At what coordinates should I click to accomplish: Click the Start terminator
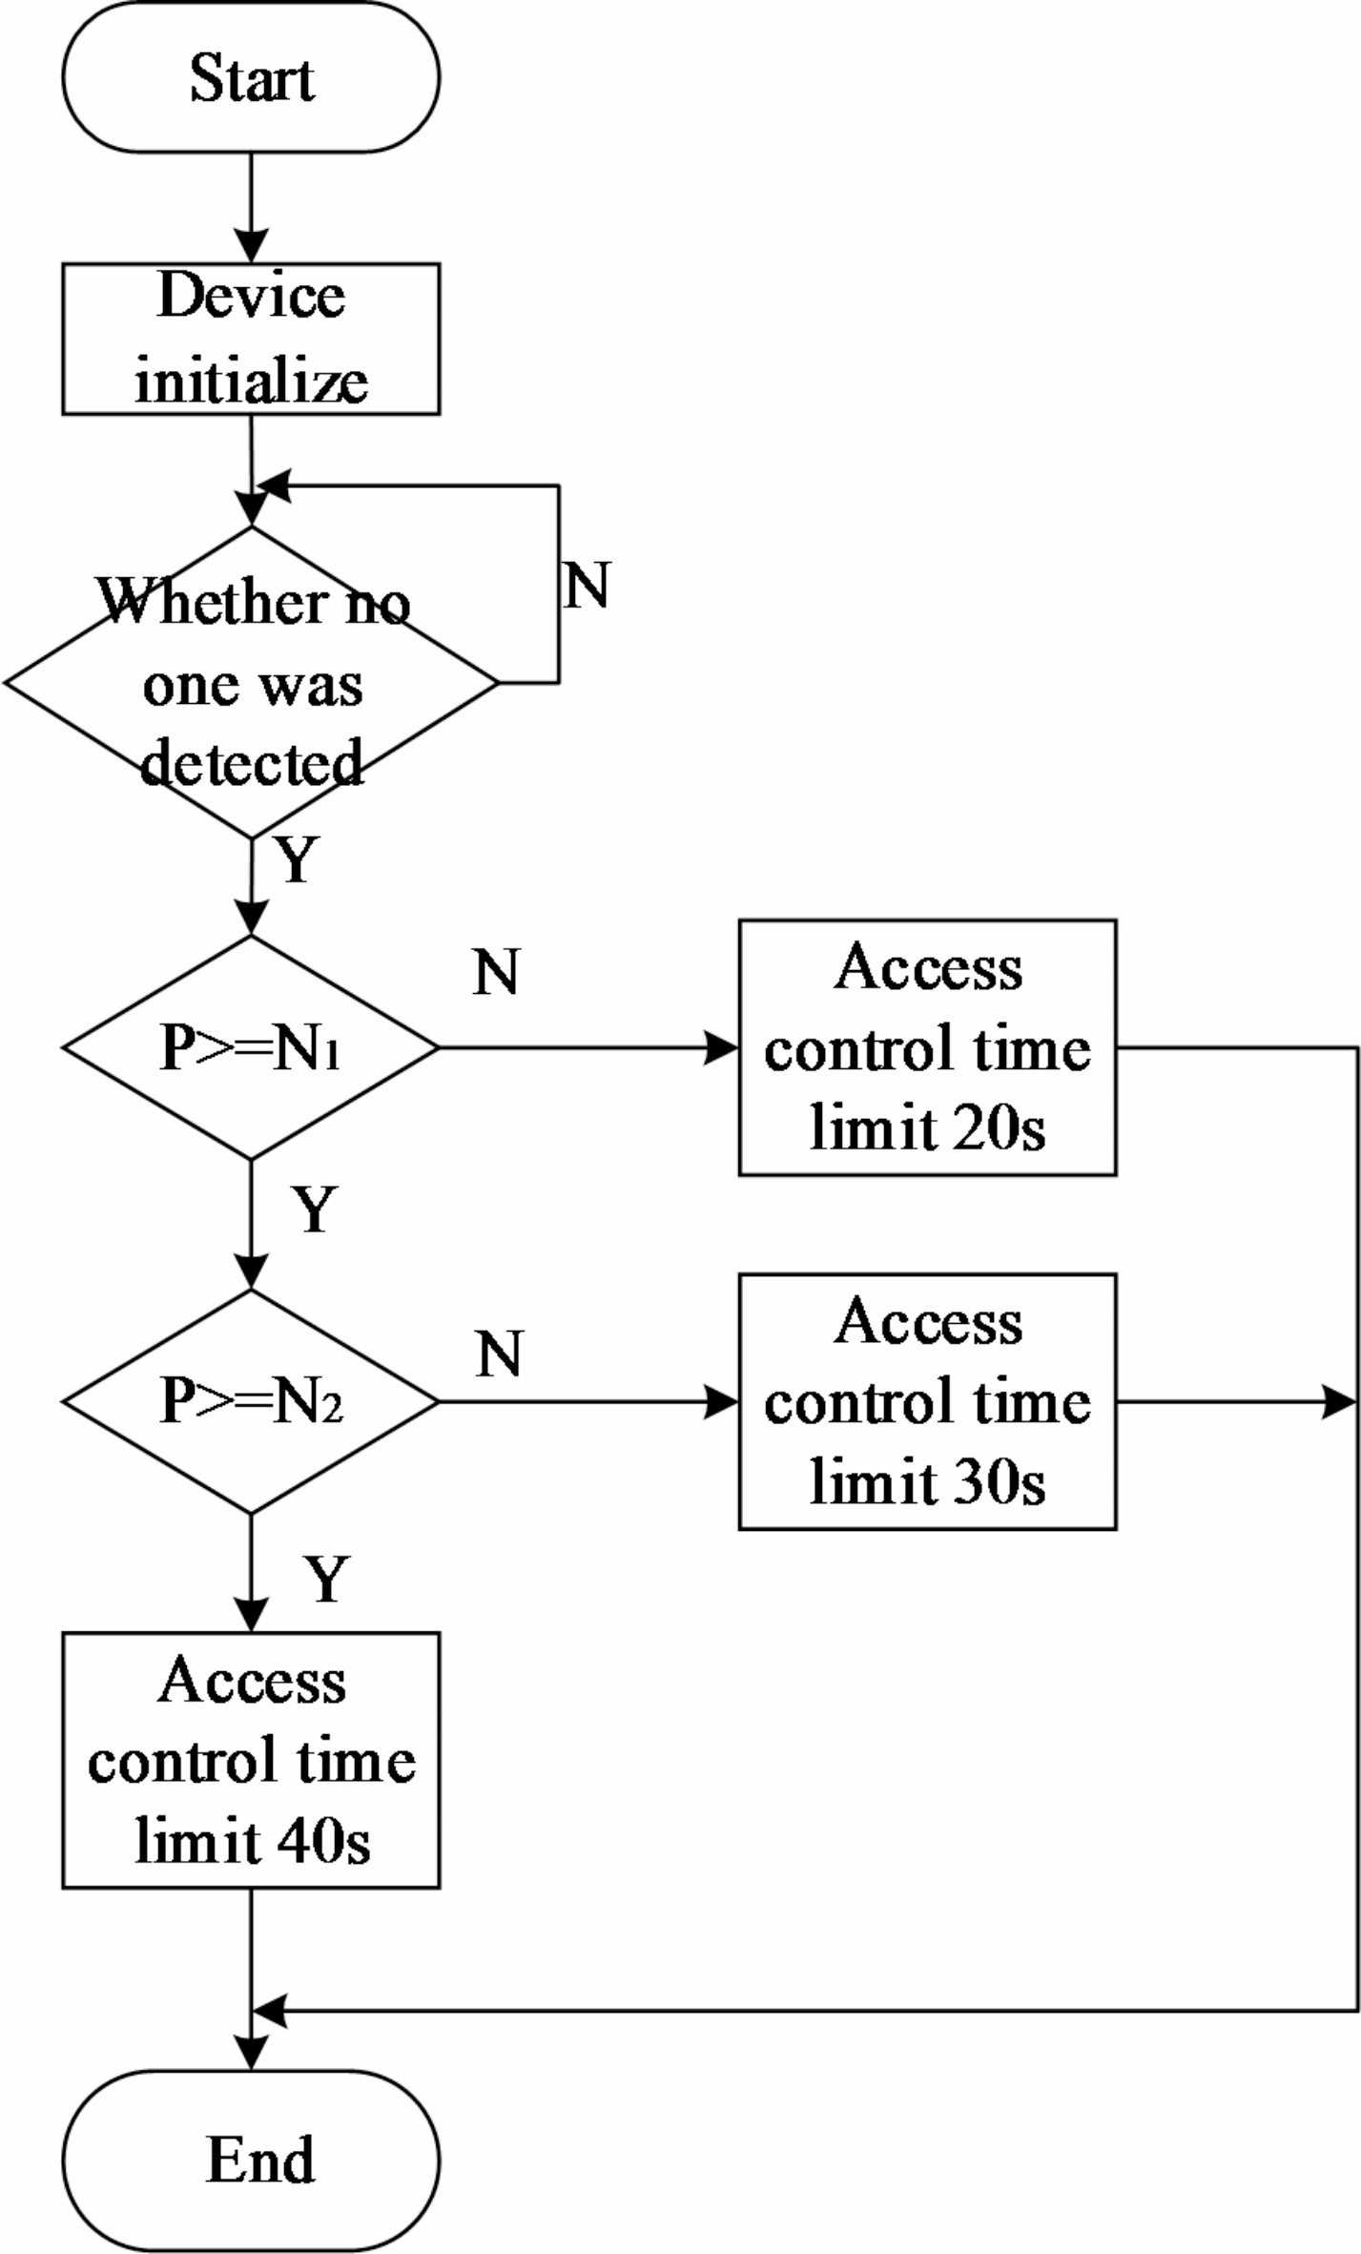(251, 77)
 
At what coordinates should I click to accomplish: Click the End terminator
(251, 2160)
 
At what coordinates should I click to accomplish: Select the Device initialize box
(251, 339)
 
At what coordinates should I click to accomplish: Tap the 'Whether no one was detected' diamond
(251, 682)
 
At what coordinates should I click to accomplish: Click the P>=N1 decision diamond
(251, 1047)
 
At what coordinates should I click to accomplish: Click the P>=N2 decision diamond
(251, 1401)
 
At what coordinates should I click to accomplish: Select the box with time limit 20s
(927, 1047)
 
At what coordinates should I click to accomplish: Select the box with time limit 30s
(927, 1401)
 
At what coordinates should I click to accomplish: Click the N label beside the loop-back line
(587, 585)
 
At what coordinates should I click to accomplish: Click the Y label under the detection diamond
(297, 859)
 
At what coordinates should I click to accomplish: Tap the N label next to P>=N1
(496, 972)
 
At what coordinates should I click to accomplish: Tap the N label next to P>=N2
(499, 1354)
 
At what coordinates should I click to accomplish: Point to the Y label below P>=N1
(315, 1210)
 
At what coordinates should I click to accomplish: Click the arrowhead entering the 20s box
(722, 1047)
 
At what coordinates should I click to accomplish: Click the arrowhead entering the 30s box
(722, 1401)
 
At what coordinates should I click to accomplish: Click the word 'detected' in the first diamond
(251, 763)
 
